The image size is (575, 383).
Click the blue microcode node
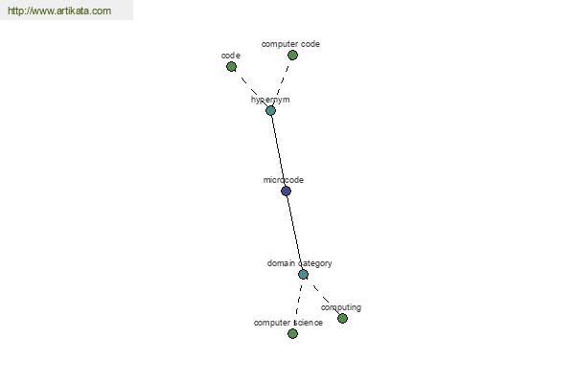(x=286, y=191)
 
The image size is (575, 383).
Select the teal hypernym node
(x=270, y=110)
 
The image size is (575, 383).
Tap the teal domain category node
(x=303, y=274)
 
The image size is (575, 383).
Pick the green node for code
(x=231, y=67)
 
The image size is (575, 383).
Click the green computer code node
(x=292, y=56)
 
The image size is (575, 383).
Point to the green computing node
(x=342, y=318)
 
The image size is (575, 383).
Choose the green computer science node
(x=292, y=333)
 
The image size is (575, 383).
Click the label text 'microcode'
(x=284, y=180)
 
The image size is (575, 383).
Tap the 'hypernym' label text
(x=270, y=100)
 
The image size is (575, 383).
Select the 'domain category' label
(x=300, y=263)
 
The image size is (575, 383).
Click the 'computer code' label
(x=290, y=44)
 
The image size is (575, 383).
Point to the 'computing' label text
(x=341, y=307)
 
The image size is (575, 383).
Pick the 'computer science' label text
(x=288, y=323)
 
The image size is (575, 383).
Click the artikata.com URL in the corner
(x=59, y=11)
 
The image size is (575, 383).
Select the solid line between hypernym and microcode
(x=278, y=150)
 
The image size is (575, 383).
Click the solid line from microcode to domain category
(x=294, y=233)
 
